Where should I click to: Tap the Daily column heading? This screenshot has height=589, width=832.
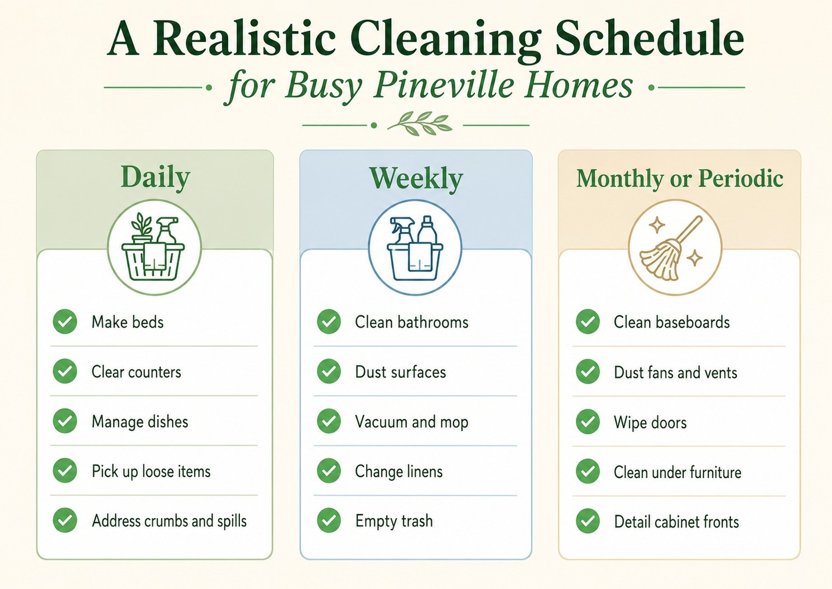point(155,178)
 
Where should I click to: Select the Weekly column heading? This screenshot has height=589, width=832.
point(416,179)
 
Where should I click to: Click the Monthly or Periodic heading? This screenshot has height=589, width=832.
point(680,178)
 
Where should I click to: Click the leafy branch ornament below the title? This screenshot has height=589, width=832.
point(420,123)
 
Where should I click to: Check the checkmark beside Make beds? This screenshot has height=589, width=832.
point(65,322)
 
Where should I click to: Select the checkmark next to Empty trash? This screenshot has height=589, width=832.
point(329,520)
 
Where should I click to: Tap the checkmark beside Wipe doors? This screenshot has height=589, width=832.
point(588,422)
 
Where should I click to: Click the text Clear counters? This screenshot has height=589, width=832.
point(136,372)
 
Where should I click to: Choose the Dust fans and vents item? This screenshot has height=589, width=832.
point(675,372)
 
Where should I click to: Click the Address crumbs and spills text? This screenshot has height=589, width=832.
point(170,521)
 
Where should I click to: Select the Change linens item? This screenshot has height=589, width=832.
point(398,472)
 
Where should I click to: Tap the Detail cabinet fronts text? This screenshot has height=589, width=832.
point(676,522)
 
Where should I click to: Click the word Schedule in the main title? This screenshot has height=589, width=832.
point(650,39)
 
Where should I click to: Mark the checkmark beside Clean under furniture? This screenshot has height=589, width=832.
point(588,471)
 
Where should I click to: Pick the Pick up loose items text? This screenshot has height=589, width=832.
point(151,472)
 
